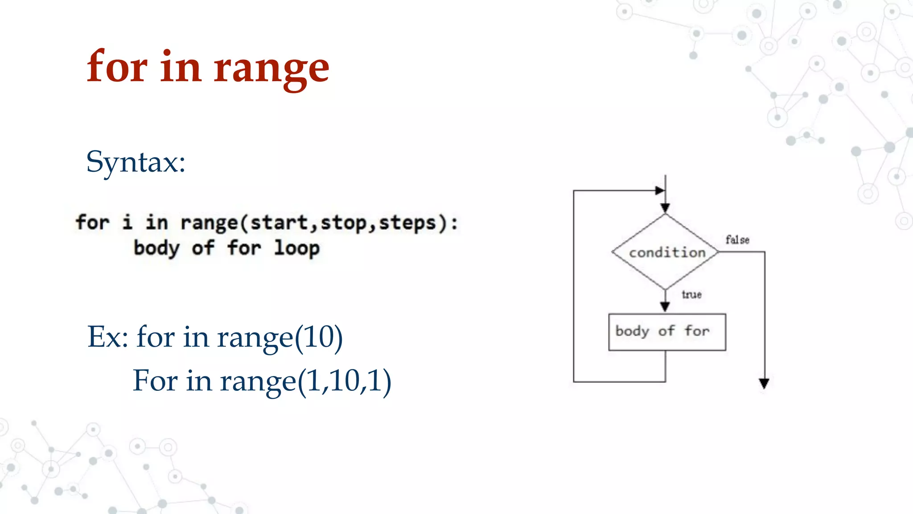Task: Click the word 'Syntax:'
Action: [x=136, y=162]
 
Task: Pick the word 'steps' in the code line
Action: [x=407, y=222]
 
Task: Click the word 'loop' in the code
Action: [x=296, y=248]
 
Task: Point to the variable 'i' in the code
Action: [x=127, y=222]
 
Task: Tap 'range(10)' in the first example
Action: [x=280, y=337]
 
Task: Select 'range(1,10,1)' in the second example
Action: [x=305, y=381]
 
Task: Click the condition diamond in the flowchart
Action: [x=666, y=252]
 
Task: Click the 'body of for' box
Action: [x=666, y=332]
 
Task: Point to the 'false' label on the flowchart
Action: [x=737, y=240]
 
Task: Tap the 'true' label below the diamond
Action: [x=691, y=294]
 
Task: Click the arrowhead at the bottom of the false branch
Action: [x=764, y=383]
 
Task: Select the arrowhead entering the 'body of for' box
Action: [x=665, y=307]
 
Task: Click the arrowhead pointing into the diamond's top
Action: [x=665, y=208]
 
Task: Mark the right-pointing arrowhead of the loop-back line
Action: [x=660, y=191]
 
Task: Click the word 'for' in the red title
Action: [x=117, y=67]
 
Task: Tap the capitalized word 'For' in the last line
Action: [x=155, y=381]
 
